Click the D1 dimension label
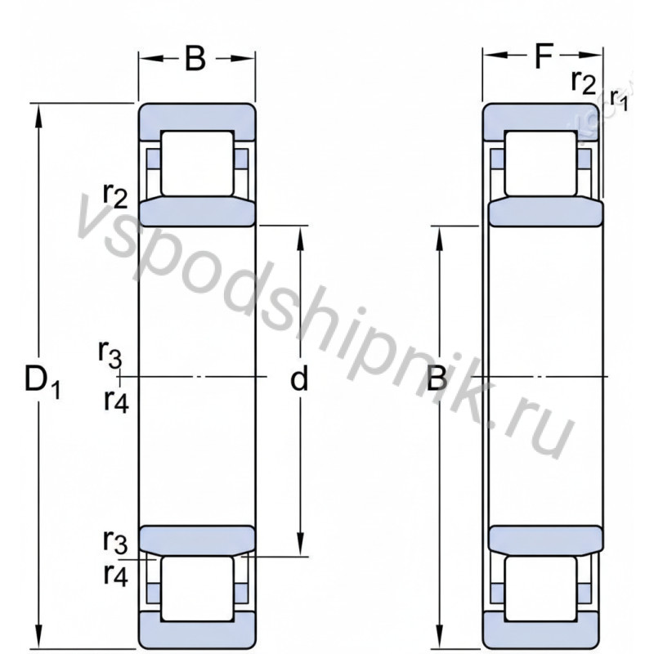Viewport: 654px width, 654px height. pyautogui.click(x=43, y=381)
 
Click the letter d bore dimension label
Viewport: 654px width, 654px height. pyautogui.click(x=300, y=379)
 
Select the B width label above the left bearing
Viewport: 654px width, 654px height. pyautogui.click(x=195, y=58)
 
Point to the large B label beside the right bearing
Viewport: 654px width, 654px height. pyautogui.click(x=438, y=379)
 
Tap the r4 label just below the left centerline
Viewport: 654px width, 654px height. pyautogui.click(x=116, y=401)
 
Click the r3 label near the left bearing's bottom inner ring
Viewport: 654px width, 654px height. pyautogui.click(x=115, y=540)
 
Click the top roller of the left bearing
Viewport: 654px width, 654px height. pyautogui.click(x=196, y=163)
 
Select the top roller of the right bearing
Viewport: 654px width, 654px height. pyautogui.click(x=540, y=163)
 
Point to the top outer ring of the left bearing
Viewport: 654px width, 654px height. pyautogui.click(x=196, y=115)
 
